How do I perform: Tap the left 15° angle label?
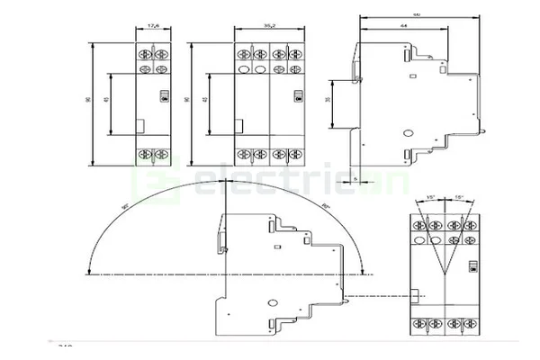(431, 197)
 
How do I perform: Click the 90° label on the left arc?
(123, 206)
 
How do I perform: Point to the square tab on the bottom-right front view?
(417, 294)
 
